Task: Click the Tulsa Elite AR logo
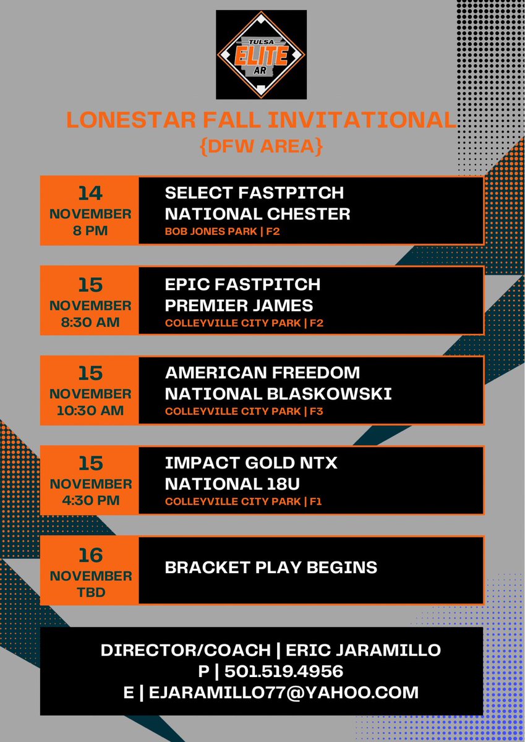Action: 262,55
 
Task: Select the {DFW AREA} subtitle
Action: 262,147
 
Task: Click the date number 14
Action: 90,194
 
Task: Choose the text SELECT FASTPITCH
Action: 254,192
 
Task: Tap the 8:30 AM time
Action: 90,322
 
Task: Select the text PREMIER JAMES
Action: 239,305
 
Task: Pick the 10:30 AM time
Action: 90,411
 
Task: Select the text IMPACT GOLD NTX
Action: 251,463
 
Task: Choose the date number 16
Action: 90,555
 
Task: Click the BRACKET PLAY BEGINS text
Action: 271,567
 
